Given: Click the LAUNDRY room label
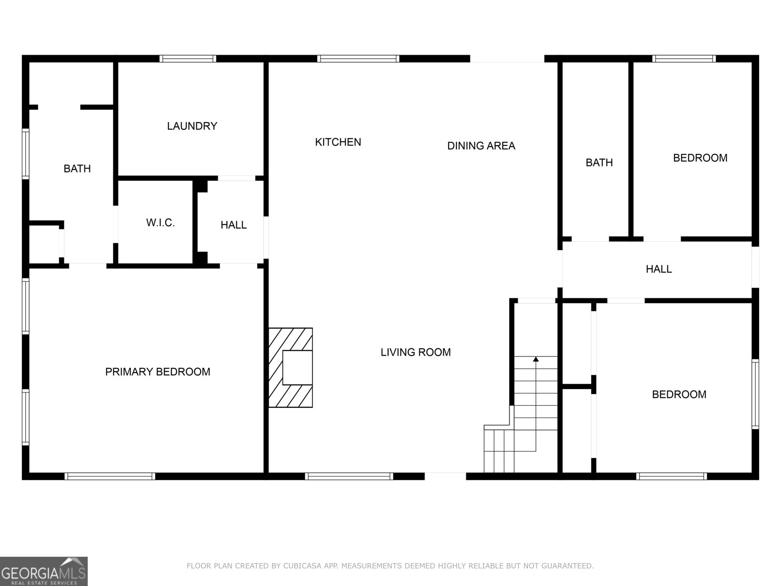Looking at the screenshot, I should click(192, 126).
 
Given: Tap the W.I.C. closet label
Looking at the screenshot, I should click(160, 223).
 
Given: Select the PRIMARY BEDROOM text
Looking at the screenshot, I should click(158, 372).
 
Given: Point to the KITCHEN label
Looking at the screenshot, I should click(338, 142).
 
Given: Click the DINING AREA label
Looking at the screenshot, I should click(481, 146).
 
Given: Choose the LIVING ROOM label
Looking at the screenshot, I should click(415, 352).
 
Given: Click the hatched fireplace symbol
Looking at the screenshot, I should click(291, 368).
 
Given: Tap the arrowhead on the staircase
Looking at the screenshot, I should click(536, 359).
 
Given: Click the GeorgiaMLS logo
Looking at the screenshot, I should click(43, 571).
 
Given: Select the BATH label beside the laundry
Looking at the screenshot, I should click(77, 168).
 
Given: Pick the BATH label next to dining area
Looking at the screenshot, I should click(599, 163).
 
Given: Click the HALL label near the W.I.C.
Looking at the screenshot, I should click(233, 225).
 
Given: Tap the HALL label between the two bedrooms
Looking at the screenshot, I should click(658, 269).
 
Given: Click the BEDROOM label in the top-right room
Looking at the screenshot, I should click(700, 158).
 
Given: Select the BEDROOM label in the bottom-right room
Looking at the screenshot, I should click(679, 395).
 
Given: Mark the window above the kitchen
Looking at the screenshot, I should click(358, 59).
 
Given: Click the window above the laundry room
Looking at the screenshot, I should click(188, 59).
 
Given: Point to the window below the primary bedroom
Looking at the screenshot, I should click(110, 476).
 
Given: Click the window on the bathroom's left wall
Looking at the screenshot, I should click(25, 153).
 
